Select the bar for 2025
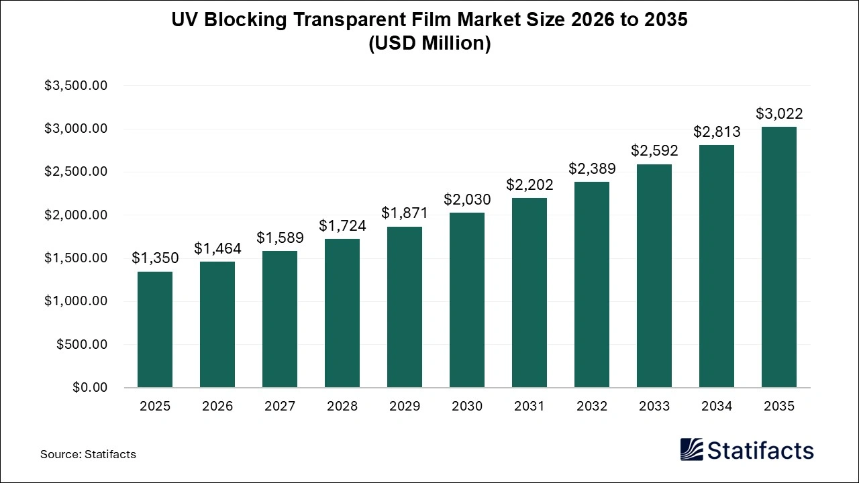click(x=155, y=329)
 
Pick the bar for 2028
click(x=342, y=313)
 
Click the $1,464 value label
click(x=217, y=249)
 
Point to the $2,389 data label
click(x=592, y=169)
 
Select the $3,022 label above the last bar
click(x=779, y=114)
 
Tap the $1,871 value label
click(x=405, y=213)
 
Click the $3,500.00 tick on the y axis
click(x=76, y=86)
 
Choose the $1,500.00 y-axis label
click(x=76, y=258)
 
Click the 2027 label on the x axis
click(x=280, y=407)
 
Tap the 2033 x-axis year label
click(x=654, y=407)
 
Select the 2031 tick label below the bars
click(x=529, y=407)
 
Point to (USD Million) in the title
click(x=429, y=44)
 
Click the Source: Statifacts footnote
click(x=88, y=454)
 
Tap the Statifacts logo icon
click(x=691, y=449)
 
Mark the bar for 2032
click(x=592, y=284)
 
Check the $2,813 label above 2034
click(x=717, y=132)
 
